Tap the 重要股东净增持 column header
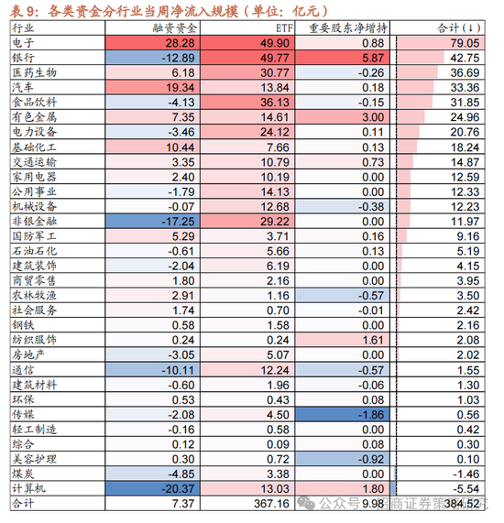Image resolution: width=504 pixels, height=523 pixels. (x=346, y=29)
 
